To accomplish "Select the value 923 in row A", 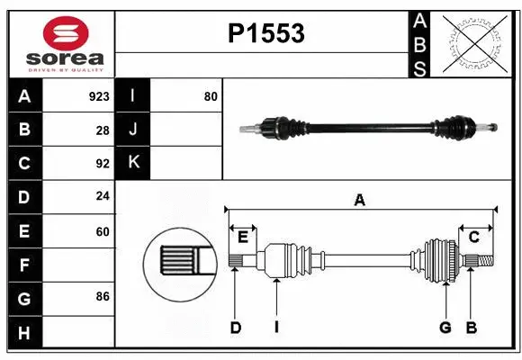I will [x=99, y=95].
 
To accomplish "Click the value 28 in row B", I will [x=103, y=130].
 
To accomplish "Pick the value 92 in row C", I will [x=103, y=164].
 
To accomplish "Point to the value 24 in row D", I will [x=103, y=197].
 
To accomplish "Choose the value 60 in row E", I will [x=103, y=231].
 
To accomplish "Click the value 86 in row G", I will [x=103, y=296].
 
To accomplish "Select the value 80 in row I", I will [x=211, y=95].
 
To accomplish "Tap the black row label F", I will [x=24, y=265].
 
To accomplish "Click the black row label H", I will [x=24, y=333].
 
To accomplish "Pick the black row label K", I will [x=133, y=163].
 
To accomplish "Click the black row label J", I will [x=133, y=130].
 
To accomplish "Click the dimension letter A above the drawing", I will [x=360, y=200].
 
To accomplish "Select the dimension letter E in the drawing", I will [x=243, y=236].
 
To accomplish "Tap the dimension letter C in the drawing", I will [x=473, y=236].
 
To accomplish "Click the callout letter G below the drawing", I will [x=445, y=328].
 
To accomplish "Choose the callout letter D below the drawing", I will [x=235, y=328].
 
